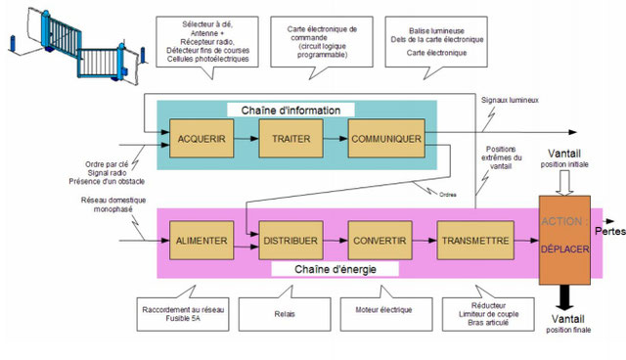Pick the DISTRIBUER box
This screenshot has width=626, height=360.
(291, 240)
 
